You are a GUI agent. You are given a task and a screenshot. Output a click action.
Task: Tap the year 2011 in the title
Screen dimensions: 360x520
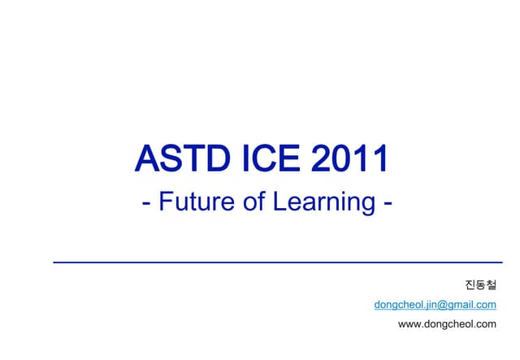347,159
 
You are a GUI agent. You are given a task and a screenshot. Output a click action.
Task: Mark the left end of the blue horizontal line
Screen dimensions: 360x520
54,262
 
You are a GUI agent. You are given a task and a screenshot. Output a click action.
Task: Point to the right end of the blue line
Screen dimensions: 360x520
501,262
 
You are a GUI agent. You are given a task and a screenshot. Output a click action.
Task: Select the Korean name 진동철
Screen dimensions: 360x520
480,285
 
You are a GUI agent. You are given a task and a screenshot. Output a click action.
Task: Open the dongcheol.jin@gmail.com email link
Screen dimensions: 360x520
435,305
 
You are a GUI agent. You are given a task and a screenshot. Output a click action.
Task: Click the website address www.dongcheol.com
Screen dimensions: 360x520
447,324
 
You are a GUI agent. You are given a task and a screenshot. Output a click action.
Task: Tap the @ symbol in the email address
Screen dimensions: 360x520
443,305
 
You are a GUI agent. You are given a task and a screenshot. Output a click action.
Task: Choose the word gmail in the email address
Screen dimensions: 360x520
461,305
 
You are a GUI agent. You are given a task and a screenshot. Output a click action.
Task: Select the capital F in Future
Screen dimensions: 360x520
166,201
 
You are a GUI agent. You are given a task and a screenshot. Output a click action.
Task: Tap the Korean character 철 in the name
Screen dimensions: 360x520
491,285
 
